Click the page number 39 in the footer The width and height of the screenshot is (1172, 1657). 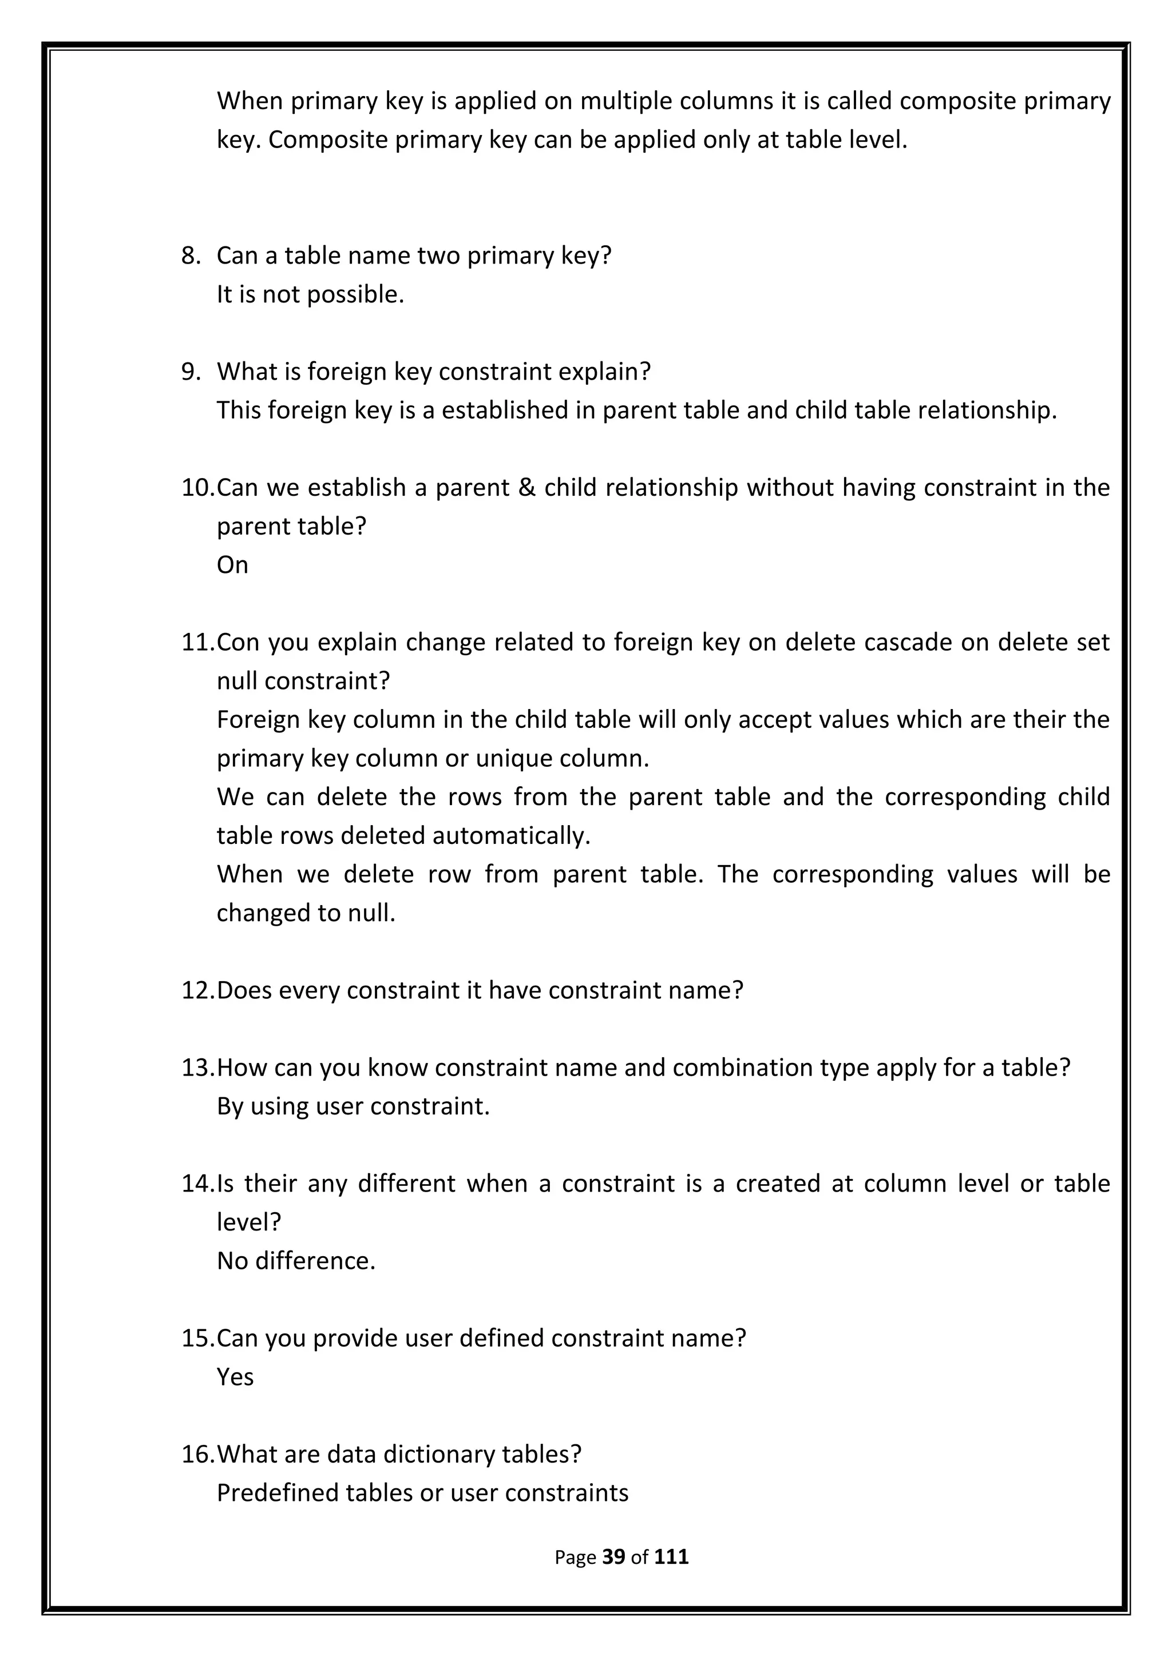(613, 1557)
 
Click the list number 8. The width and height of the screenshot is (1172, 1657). (191, 256)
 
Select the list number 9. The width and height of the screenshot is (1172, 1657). (191, 372)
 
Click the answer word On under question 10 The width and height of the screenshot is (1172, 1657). (232, 565)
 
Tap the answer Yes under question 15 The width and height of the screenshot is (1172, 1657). (235, 1377)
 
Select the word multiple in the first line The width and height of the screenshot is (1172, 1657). (625, 101)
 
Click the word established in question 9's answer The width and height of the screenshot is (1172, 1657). (504, 410)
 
